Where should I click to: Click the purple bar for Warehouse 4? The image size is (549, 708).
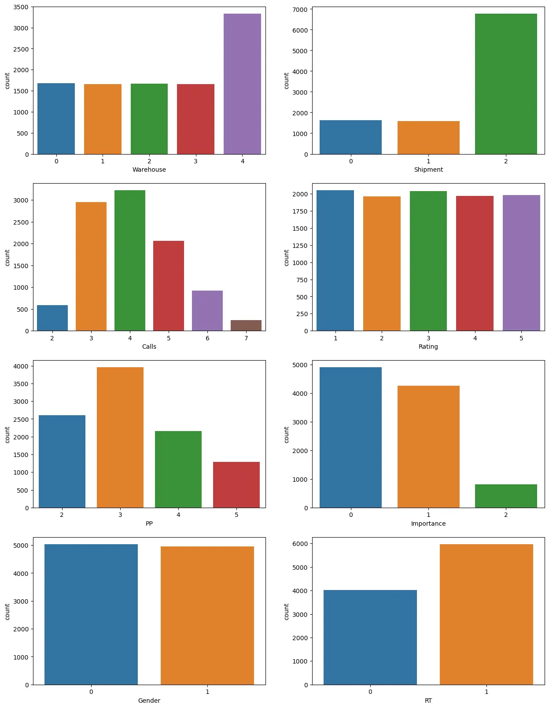242,84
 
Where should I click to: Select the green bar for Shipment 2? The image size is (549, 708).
506,84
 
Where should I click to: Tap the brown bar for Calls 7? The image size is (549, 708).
246,325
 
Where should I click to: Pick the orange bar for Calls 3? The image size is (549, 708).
91,266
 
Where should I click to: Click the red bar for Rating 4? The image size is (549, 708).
475,263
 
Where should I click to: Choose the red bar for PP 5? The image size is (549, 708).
236,485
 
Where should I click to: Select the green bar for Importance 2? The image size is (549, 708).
506,496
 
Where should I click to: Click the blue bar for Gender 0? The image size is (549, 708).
91,614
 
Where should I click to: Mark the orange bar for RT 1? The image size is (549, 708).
486,614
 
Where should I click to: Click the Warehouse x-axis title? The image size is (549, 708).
149,170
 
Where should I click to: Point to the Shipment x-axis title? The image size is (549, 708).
428,170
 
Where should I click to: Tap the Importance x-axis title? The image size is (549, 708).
428,524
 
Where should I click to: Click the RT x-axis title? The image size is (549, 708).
428,701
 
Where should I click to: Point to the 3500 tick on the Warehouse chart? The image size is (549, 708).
21,7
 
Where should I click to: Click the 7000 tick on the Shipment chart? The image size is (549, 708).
300,9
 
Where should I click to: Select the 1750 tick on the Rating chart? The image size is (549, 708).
300,211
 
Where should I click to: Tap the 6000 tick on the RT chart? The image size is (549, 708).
300,544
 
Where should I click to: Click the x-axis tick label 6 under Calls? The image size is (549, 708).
207,338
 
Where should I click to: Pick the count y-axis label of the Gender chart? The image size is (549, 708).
7,612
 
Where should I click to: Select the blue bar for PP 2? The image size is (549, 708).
62,461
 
